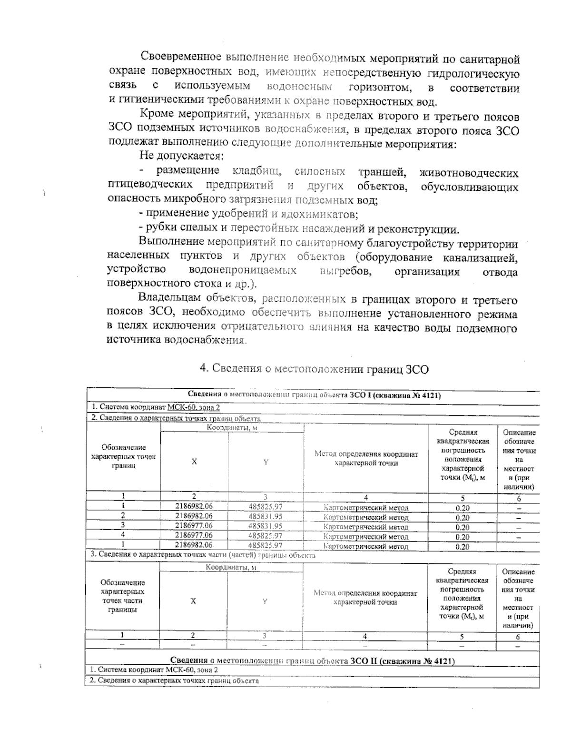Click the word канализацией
(x=481, y=258)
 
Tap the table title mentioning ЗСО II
(x=312, y=661)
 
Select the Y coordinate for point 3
(x=266, y=526)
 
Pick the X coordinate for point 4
(x=194, y=536)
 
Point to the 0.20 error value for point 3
(x=462, y=527)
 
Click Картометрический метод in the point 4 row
(x=365, y=536)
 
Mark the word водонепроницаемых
(x=243, y=271)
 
